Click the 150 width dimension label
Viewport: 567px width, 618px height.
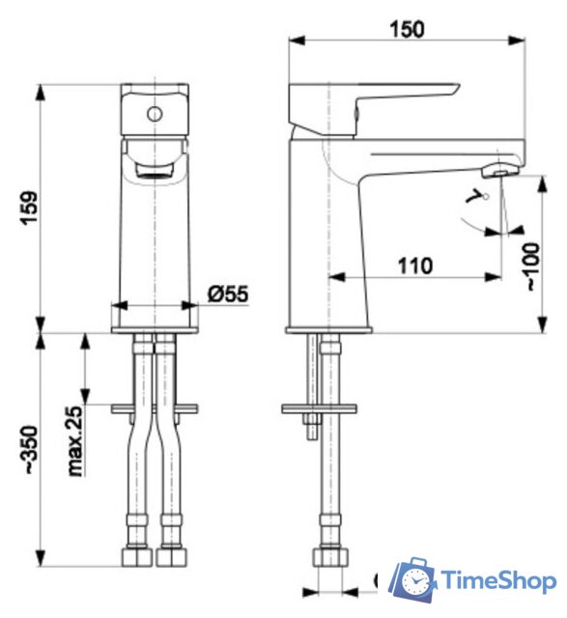408,30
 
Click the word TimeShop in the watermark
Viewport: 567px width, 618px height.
498,581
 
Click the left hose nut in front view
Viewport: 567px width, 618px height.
134,560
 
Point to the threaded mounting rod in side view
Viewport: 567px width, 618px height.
312,377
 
